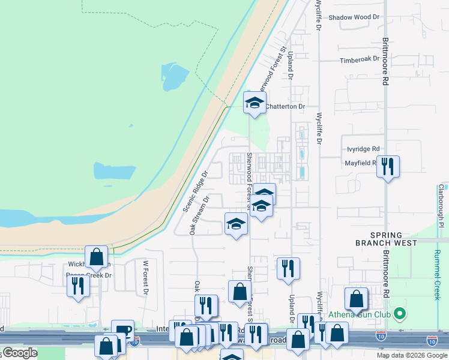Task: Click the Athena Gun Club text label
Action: (x=359, y=314)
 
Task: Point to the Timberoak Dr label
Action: (x=360, y=59)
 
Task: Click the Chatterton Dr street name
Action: (x=285, y=106)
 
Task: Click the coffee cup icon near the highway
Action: (x=123, y=330)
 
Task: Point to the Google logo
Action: (x=20, y=353)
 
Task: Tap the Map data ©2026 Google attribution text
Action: (x=412, y=355)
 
